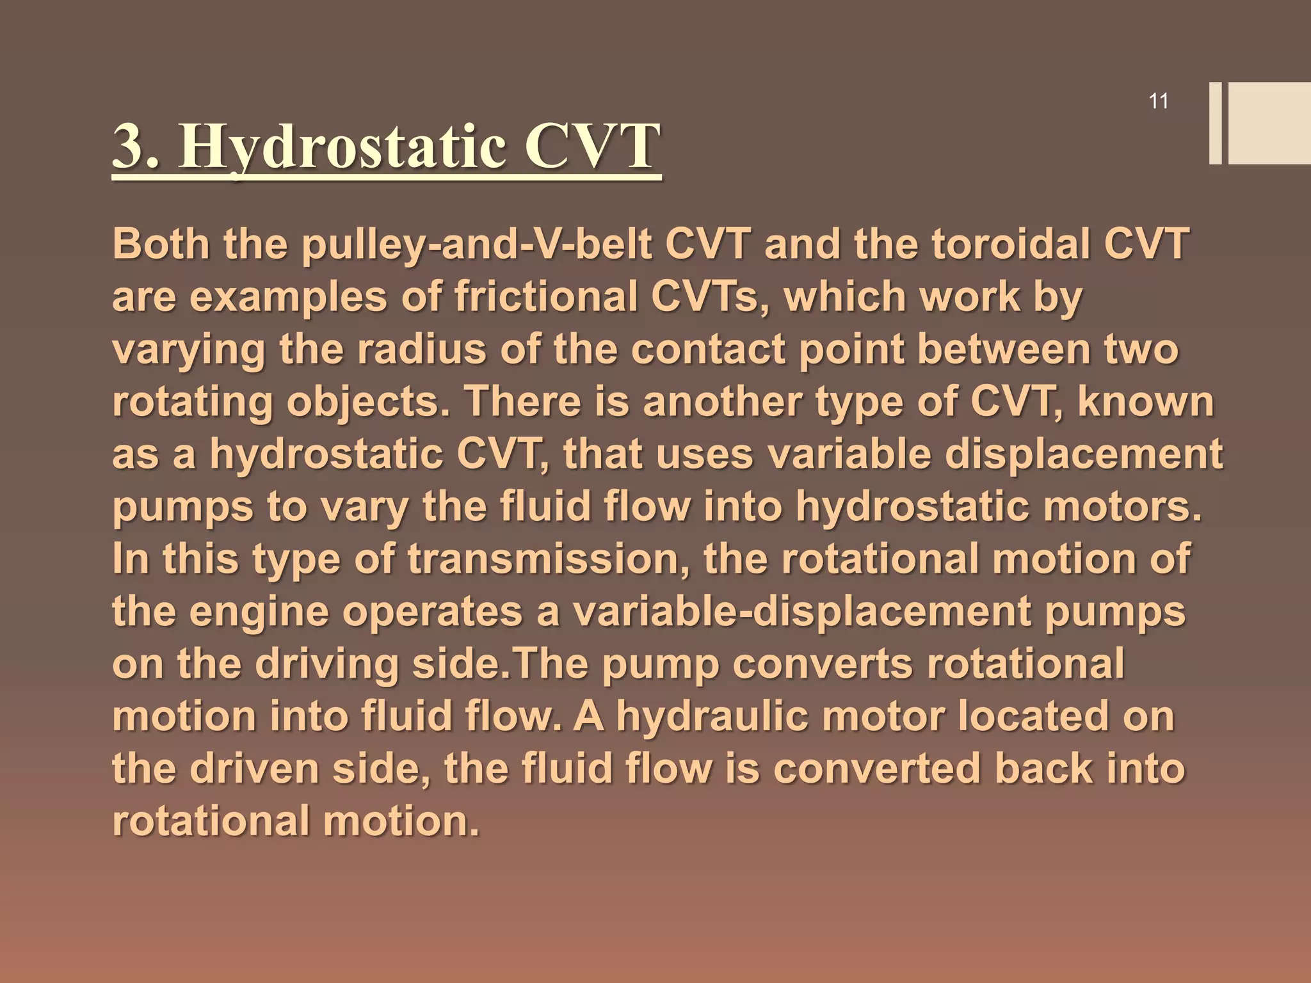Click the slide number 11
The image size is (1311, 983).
(1159, 102)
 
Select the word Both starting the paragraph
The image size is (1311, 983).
(161, 244)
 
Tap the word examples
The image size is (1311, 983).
(289, 298)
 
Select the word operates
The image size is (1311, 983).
(432, 613)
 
